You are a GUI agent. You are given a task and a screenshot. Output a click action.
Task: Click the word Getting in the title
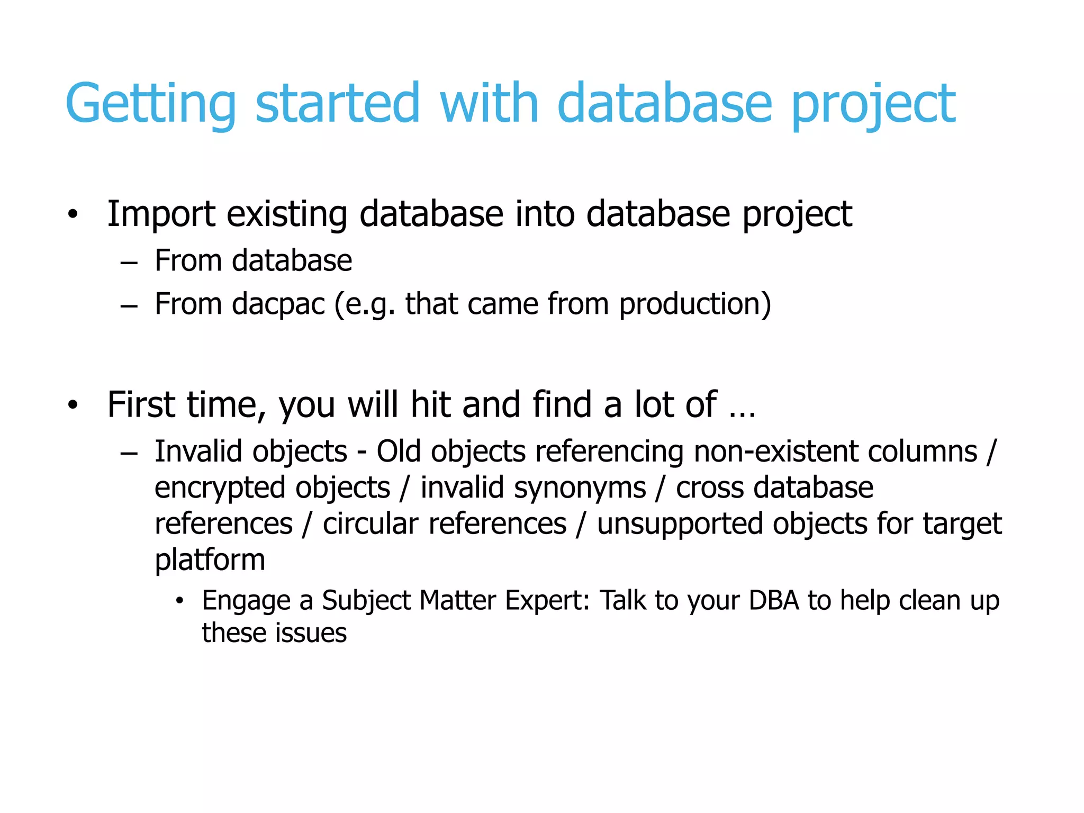pos(151,104)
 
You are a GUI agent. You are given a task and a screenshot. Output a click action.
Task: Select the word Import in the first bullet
pos(161,214)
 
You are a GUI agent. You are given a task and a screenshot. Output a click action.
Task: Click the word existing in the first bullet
pos(286,214)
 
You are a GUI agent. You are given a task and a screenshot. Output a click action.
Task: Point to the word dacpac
pos(278,305)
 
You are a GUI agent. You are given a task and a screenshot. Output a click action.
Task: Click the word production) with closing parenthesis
pos(695,305)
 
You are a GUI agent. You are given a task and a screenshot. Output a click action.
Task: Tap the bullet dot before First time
pos(73,406)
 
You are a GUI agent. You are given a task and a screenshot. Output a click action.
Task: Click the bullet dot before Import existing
pos(73,215)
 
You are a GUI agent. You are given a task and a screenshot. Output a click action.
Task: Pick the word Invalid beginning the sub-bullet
pos(198,452)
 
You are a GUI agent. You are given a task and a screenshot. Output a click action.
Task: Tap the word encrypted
pos(219,488)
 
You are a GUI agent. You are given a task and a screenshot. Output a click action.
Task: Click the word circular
pos(365,524)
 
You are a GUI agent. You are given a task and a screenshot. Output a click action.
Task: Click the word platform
pos(210,560)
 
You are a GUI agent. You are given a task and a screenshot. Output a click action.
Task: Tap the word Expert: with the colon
pos(547,601)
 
